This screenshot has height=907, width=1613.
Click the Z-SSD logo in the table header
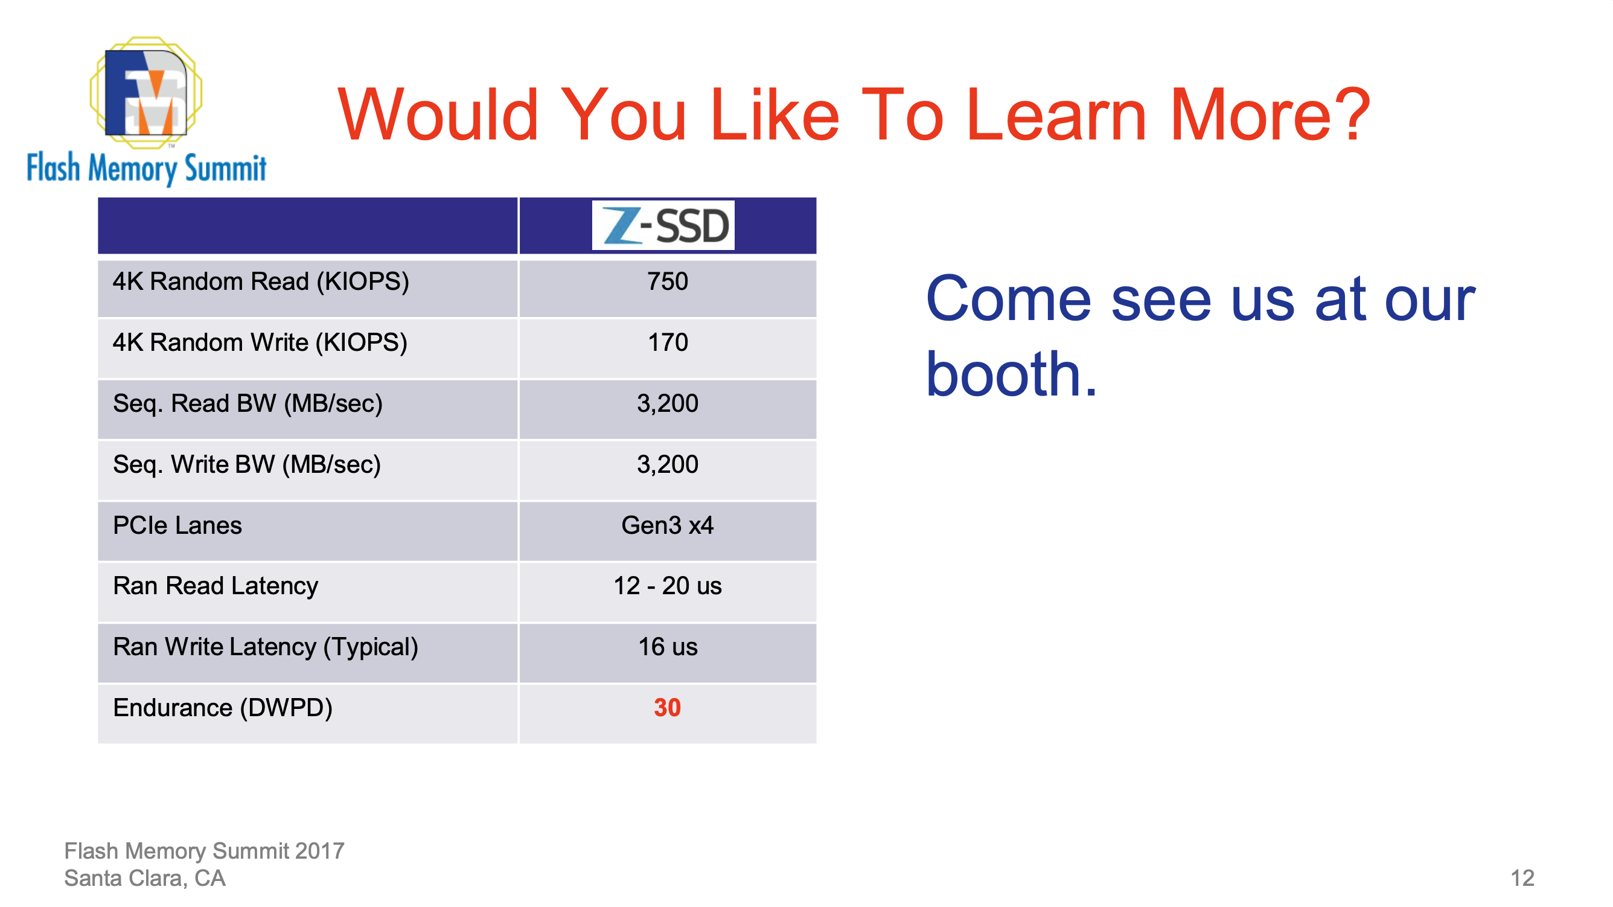[x=663, y=225]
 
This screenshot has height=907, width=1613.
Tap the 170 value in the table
[x=668, y=342]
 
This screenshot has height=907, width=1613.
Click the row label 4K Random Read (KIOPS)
[x=261, y=283]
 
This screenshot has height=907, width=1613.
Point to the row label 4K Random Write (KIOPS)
[x=260, y=343]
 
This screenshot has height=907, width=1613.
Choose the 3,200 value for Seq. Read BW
[x=668, y=404]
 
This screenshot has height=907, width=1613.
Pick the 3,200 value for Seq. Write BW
[x=668, y=465]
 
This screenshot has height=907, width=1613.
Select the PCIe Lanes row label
[x=177, y=525]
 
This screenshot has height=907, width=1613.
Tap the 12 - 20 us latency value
[x=668, y=586]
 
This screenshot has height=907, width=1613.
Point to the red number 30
[x=668, y=708]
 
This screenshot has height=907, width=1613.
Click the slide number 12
[x=1522, y=878]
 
